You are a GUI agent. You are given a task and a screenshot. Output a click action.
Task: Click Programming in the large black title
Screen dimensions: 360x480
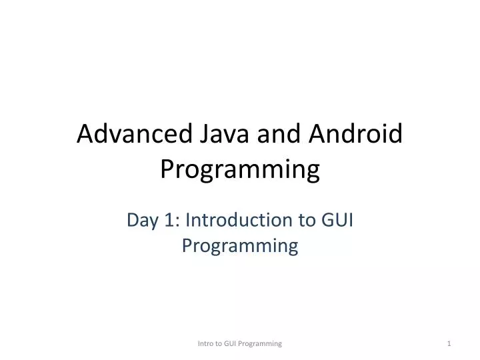[240, 171]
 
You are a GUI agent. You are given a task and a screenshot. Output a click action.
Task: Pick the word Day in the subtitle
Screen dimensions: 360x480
[142, 220]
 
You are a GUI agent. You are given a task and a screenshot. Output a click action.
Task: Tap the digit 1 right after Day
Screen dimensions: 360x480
[167, 220]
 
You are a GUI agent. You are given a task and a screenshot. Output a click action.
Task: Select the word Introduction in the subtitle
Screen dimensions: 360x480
[237, 220]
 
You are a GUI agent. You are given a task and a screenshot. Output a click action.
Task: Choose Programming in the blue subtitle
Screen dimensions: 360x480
[240, 247]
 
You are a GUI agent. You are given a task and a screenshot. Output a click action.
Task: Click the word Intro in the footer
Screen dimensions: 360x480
[207, 343]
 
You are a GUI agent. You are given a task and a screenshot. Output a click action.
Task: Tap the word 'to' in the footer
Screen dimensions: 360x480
[221, 343]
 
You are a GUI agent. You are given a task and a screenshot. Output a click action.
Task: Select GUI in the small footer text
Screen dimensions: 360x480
[234, 343]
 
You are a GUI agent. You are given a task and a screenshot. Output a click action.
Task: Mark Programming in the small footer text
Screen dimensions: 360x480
[262, 343]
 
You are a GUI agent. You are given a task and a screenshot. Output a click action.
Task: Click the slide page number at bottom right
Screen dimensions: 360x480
[449, 343]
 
